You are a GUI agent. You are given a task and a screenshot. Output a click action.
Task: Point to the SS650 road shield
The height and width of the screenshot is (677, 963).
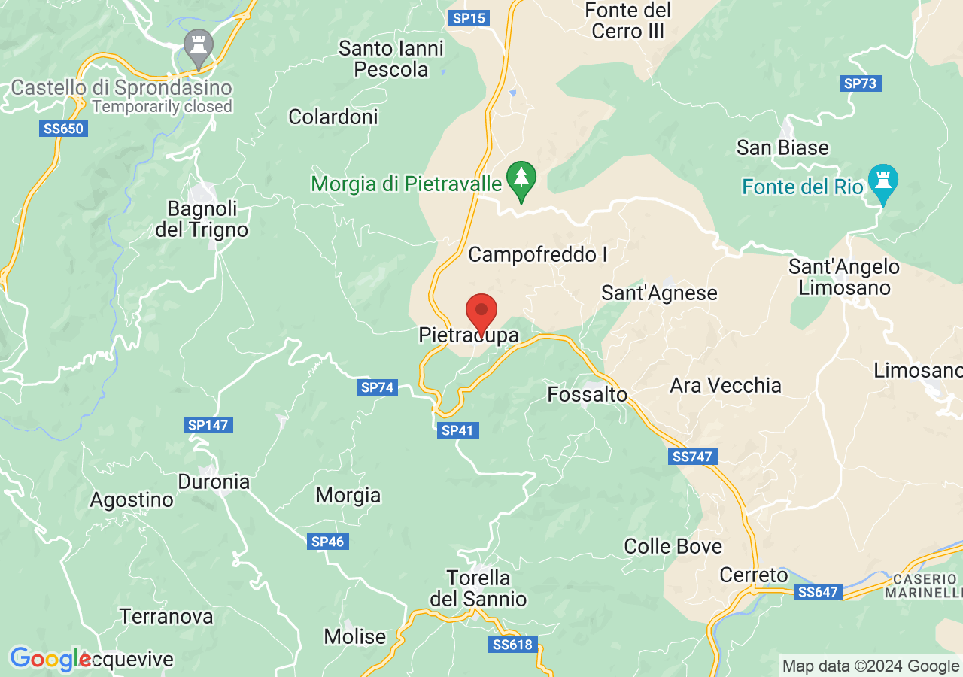point(64,129)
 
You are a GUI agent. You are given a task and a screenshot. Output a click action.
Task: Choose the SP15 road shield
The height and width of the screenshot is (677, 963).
point(469,17)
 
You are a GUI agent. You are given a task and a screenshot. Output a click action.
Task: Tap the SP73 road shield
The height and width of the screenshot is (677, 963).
point(860,83)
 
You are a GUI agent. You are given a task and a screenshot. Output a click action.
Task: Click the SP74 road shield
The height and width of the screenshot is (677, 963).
point(377,387)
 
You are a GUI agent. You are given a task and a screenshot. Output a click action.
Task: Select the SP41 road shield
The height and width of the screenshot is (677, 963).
point(457,430)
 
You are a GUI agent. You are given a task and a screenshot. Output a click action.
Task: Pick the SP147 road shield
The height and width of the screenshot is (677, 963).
point(208,425)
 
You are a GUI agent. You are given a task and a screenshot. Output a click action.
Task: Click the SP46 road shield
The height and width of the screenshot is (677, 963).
point(327,542)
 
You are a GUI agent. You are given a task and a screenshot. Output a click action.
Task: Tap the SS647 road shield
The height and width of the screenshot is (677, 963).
point(818,592)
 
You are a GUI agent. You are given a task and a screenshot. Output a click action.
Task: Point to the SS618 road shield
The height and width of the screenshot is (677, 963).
point(512,645)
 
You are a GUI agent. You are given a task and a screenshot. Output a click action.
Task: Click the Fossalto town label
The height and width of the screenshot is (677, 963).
point(587,394)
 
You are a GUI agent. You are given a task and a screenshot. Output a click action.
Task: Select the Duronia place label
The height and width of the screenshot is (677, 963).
point(214,481)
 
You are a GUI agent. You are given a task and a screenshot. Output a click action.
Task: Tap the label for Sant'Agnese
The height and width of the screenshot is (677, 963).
point(659,293)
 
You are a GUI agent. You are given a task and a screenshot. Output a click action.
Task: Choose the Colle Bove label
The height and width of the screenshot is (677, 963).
point(673,546)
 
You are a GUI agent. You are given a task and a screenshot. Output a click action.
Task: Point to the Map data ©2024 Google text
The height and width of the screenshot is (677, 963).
point(870,666)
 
